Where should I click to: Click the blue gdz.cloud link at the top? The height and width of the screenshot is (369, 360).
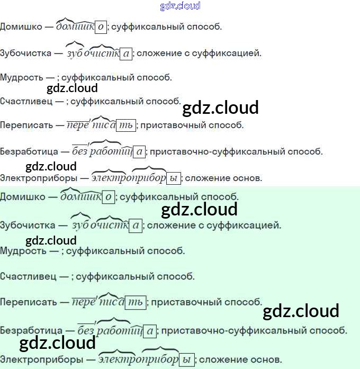point(180,6)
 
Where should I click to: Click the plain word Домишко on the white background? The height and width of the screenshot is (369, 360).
point(21,26)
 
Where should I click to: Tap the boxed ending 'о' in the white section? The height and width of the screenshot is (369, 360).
point(101,27)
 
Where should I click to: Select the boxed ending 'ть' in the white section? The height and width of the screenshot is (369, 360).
point(126,125)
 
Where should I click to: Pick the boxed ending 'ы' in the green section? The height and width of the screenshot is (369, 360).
point(186,360)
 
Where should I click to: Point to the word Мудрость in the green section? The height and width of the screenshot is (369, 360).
point(23,251)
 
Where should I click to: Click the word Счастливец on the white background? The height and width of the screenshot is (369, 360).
point(26,102)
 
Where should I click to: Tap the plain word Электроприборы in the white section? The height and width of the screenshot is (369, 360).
point(39,178)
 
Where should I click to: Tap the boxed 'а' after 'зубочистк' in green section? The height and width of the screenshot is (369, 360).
point(136,226)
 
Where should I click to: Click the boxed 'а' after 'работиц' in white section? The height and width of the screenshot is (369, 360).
point(139,151)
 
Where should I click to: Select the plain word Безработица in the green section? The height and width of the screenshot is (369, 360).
point(31,331)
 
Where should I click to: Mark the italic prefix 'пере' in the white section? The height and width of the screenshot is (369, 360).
point(78,125)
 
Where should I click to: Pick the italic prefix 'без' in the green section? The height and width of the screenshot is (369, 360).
point(86,330)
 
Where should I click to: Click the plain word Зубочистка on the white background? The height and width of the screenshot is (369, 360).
point(25,53)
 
